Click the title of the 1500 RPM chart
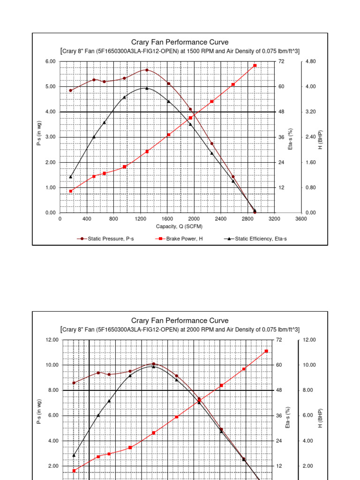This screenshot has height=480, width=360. coord(180,42)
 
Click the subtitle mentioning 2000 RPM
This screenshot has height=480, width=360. coord(180,330)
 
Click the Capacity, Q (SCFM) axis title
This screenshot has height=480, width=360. coord(180,226)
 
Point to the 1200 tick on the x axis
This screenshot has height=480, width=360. coord(140,219)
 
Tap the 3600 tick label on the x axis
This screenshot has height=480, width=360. coord(301,219)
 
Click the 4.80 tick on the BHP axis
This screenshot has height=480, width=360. coord(310,61)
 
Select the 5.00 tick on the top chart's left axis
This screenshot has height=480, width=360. coord(51,87)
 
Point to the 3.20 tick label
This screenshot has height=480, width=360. coord(310,112)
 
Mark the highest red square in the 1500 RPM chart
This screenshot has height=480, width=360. coord(255,66)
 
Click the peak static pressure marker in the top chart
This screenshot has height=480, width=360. coord(147,70)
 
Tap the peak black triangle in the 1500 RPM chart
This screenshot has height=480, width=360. coord(147,88)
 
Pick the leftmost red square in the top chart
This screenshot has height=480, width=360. coord(71,191)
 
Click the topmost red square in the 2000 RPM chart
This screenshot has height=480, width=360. coord(266,351)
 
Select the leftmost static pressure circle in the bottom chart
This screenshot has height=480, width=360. coord(74,382)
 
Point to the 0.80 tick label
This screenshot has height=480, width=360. coord(310,187)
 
